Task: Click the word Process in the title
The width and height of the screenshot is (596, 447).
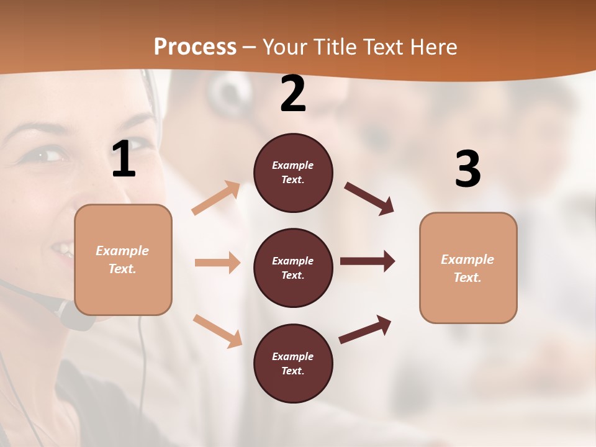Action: pos(195,47)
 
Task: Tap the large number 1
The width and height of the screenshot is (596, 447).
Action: pos(124,160)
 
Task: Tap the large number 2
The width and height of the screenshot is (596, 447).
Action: pos(293,94)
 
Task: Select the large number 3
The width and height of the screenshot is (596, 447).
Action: pos(467,169)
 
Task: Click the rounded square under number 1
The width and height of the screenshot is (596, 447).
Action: pos(123,260)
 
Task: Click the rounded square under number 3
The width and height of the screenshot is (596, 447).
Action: pos(468,268)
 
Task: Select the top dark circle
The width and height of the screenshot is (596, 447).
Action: pos(293,173)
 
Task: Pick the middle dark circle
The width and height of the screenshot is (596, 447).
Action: pos(293,268)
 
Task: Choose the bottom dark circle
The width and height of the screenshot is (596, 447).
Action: pos(293,363)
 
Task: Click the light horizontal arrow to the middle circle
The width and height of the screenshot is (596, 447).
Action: pos(217,263)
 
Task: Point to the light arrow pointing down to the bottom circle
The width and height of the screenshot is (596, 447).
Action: pos(217,330)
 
